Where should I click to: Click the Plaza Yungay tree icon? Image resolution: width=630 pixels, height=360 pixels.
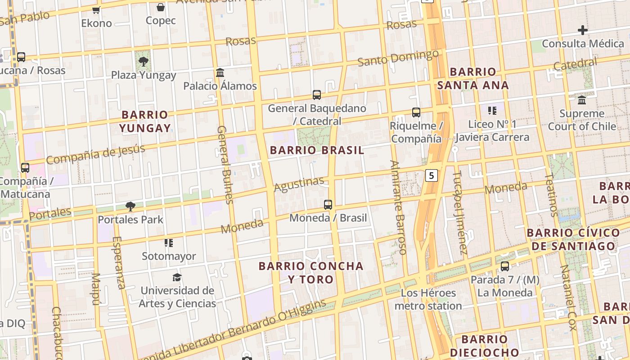click(x=144, y=62)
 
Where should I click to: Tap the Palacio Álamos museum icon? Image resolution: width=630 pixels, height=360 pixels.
click(x=220, y=72)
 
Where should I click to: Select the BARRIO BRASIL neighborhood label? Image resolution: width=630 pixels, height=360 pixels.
click(x=317, y=150)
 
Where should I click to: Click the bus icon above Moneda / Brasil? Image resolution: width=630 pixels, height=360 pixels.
click(x=328, y=205)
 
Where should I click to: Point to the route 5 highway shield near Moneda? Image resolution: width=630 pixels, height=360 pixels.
click(x=432, y=175)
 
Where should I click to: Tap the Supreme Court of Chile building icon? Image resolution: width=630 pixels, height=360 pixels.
click(x=582, y=100)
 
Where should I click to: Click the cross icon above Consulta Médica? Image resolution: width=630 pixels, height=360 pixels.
click(x=583, y=31)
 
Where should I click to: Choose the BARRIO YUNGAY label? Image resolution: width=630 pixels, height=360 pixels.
click(x=145, y=121)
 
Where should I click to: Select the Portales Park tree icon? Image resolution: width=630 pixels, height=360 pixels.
click(x=130, y=207)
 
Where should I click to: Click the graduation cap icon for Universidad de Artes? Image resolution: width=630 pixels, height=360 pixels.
click(x=177, y=277)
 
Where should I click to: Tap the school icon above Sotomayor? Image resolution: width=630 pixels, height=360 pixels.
click(x=169, y=243)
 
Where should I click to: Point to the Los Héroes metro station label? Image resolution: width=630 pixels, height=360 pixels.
click(x=428, y=299)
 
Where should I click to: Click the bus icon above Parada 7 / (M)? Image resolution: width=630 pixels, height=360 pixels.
click(x=505, y=266)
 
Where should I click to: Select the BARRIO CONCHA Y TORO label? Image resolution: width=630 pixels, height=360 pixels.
click(x=311, y=272)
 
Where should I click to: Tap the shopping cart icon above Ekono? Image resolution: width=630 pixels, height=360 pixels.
click(x=96, y=10)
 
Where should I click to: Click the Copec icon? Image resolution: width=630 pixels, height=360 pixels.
click(x=161, y=7)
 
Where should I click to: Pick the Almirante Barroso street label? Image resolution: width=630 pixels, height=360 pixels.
click(x=399, y=207)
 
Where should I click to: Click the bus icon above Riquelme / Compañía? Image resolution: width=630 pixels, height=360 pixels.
click(x=416, y=112)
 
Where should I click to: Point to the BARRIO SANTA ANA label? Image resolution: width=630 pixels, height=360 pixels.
click(x=473, y=78)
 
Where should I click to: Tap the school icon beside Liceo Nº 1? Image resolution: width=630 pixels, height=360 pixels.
click(x=492, y=110)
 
